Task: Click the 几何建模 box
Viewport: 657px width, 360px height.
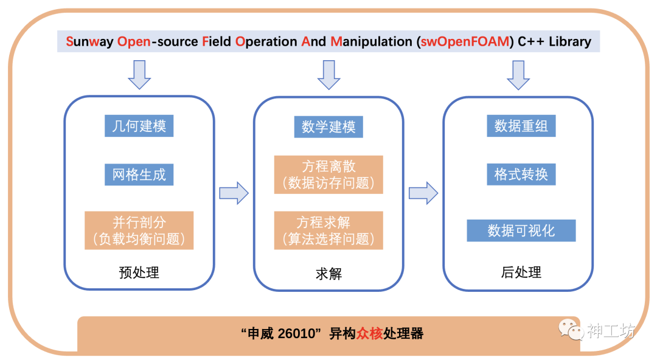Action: pos(139,126)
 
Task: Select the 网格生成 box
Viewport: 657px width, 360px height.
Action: pos(139,175)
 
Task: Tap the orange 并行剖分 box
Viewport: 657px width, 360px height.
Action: pos(139,230)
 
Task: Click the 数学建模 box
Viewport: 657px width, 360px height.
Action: pos(328,126)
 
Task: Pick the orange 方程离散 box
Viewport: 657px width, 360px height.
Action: pos(328,175)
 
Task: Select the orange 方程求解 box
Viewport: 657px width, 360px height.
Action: pos(328,230)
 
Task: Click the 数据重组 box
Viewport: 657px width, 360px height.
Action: pos(521,126)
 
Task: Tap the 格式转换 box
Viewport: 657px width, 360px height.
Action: pos(521,175)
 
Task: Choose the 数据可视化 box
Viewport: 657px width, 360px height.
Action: pos(521,230)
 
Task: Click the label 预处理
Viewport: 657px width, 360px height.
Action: pos(139,272)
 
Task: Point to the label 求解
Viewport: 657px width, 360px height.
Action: pos(328,274)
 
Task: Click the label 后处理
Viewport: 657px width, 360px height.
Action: pos(521,272)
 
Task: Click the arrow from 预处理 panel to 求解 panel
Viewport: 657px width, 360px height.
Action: pos(234,193)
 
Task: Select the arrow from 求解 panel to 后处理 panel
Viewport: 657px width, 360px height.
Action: pos(423,193)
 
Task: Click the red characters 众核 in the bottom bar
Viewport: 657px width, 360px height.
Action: pos(369,334)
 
